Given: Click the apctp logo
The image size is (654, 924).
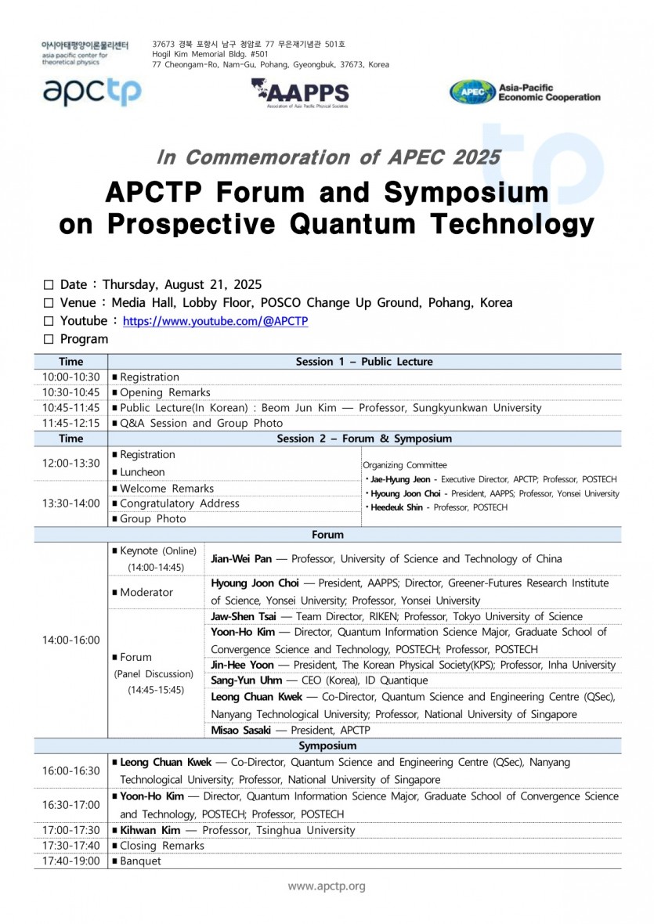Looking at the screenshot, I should click(92, 92).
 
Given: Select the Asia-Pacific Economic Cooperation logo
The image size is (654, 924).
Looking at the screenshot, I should click(524, 92).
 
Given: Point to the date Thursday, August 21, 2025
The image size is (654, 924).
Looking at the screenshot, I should click(182, 285).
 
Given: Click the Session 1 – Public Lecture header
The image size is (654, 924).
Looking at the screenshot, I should click(364, 362).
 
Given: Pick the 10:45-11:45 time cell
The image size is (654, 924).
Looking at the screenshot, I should click(70, 408).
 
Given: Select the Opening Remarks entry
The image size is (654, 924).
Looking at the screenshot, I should click(165, 392).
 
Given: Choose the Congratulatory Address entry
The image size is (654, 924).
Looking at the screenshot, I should click(179, 504).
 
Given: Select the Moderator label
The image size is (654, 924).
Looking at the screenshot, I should click(146, 592).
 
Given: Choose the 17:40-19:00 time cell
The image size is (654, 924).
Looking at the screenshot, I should click(70, 861).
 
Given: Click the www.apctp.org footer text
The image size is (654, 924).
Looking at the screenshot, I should click(327, 886).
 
